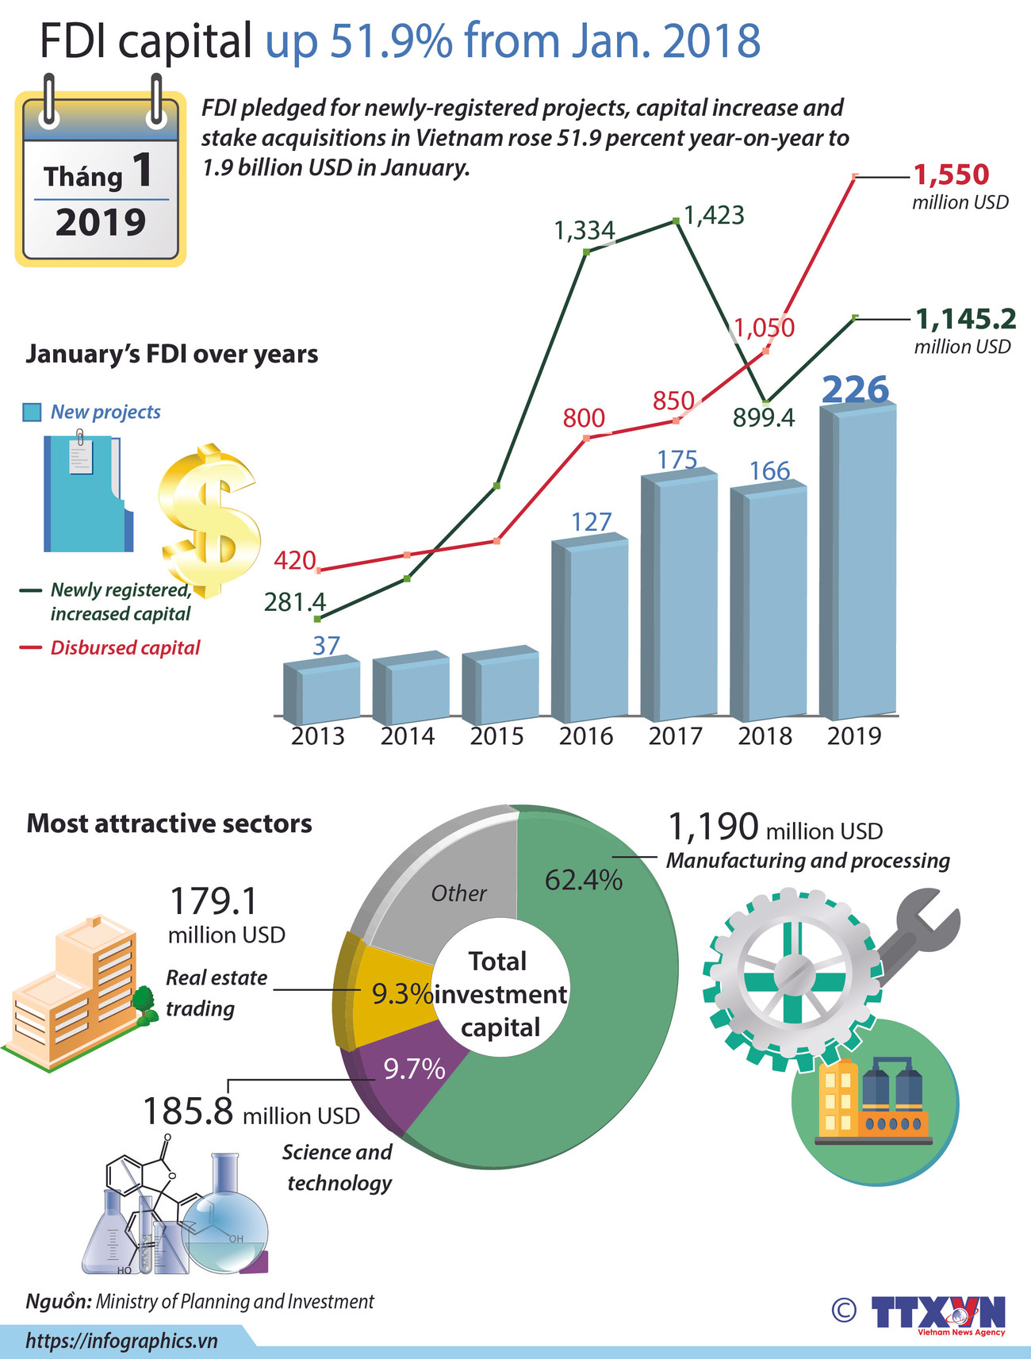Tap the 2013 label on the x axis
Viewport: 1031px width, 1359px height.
[317, 736]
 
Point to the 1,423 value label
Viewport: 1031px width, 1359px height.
[714, 215]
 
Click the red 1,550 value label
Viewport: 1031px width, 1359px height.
[952, 175]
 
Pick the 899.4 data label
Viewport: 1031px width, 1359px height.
[763, 417]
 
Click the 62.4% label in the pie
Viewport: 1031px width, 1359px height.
[583, 880]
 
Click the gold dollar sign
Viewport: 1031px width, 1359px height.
[209, 520]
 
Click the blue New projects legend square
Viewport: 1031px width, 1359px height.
[32, 413]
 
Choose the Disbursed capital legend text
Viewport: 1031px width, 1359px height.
[125, 648]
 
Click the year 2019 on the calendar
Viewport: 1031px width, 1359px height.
[101, 222]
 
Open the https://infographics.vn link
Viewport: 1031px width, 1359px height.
[121, 1341]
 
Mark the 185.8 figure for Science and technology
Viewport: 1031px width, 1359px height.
[187, 1111]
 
